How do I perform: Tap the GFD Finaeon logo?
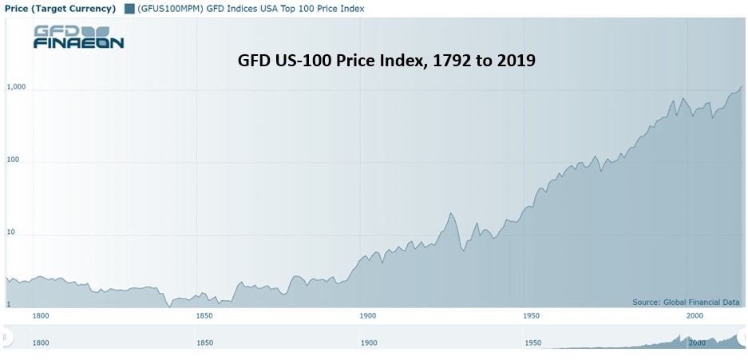(79, 38)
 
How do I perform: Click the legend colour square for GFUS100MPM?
(129, 8)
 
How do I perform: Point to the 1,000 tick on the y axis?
(15, 87)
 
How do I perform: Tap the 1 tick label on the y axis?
(8, 305)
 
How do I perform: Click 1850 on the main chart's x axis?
(204, 315)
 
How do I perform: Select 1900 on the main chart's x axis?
(367, 315)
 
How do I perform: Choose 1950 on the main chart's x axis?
(531, 315)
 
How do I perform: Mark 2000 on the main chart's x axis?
(695, 315)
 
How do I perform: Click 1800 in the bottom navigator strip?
(41, 342)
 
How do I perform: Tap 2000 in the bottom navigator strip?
(697, 342)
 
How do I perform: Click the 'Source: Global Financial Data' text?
(686, 303)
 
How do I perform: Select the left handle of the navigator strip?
(6, 338)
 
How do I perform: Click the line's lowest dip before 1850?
(170, 307)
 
